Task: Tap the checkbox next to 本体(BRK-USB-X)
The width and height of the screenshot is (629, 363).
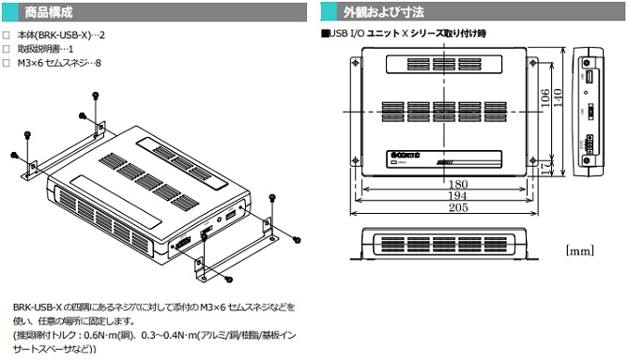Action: point(7,37)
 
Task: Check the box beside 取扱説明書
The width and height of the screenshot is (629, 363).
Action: point(7,50)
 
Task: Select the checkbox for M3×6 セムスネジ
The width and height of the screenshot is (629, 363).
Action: point(7,63)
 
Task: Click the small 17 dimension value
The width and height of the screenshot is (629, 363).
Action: point(545,166)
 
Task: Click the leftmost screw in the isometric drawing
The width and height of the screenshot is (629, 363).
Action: point(14,154)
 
